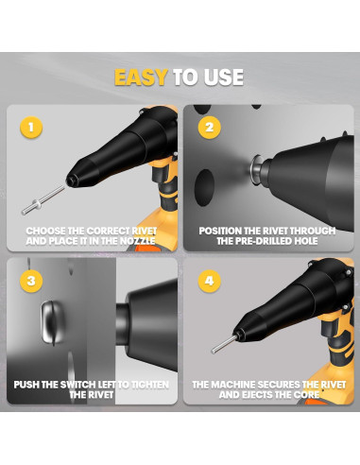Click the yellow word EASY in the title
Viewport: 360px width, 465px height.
[x=141, y=77]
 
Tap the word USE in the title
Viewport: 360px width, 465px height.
[x=223, y=77]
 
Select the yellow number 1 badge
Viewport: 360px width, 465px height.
[x=31, y=128]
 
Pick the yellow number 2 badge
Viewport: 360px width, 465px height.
[x=209, y=128]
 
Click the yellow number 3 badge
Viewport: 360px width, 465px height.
[x=31, y=281]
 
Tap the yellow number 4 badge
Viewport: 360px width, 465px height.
[x=209, y=281]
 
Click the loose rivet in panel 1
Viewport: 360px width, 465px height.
[x=43, y=200]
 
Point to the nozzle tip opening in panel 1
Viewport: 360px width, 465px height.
[x=71, y=181]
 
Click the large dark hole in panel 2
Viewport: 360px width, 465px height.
[x=204, y=187]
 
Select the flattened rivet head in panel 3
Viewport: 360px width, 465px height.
[x=52, y=322]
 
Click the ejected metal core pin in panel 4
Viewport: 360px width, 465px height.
[x=224, y=344]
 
